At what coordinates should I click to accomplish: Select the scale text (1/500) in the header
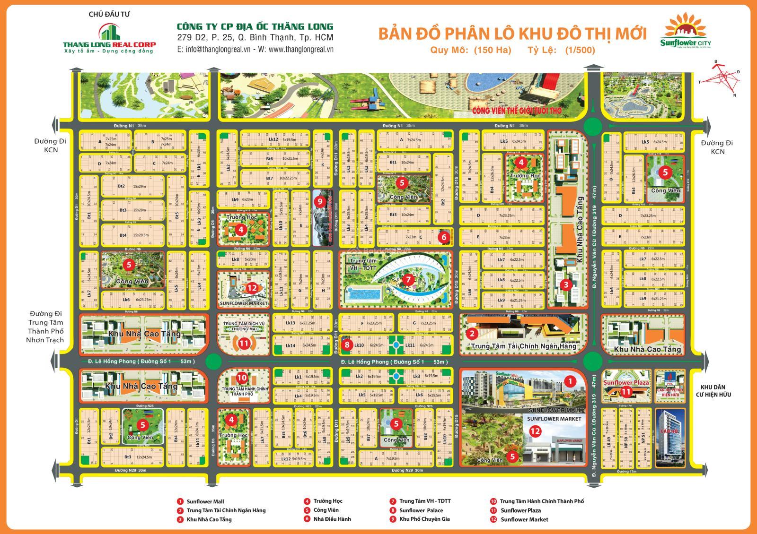click(580, 50)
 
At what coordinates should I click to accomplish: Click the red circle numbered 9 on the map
click(320, 201)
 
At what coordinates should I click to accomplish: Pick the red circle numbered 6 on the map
click(443, 237)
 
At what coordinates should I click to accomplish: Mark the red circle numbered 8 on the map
click(347, 345)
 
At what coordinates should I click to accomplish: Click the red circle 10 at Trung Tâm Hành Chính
click(241, 378)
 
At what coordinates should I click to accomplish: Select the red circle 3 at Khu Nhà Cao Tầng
click(565, 284)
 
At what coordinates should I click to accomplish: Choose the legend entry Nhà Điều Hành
click(332, 519)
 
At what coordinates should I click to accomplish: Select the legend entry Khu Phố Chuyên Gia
click(424, 519)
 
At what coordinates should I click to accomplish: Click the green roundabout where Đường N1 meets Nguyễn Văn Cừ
click(592, 126)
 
